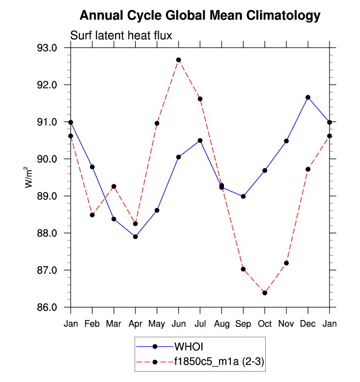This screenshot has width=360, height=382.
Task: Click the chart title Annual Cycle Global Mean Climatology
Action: pyautogui.click(x=200, y=16)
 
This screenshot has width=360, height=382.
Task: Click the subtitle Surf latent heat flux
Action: pyautogui.click(x=121, y=35)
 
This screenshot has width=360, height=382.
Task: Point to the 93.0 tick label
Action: pyautogui.click(x=48, y=48)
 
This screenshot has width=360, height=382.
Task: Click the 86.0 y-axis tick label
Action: pyautogui.click(x=48, y=308)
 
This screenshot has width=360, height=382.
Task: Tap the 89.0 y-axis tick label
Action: pyautogui.click(x=48, y=196)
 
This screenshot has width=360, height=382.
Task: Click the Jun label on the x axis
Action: pyautogui.click(x=178, y=323)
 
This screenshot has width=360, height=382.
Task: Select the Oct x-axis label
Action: pyautogui.click(x=265, y=323)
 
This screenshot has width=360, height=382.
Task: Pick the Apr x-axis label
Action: pyautogui.click(x=135, y=323)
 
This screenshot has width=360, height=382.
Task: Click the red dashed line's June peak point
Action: pyautogui.click(x=179, y=60)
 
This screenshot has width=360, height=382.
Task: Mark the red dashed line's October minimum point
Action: pyautogui.click(x=265, y=293)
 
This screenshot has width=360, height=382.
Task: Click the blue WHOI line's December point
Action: pyautogui.click(x=308, y=97)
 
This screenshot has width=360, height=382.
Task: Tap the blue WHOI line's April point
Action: pyautogui.click(x=136, y=236)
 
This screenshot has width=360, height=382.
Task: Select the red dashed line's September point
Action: pyautogui.click(x=243, y=269)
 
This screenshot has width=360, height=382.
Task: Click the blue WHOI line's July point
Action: pyautogui.click(x=200, y=141)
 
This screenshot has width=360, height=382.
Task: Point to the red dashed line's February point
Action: pyautogui.click(x=92, y=215)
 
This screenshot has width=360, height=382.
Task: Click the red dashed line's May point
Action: pyautogui.click(x=157, y=123)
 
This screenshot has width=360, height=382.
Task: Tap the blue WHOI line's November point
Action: pyautogui.click(x=286, y=141)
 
